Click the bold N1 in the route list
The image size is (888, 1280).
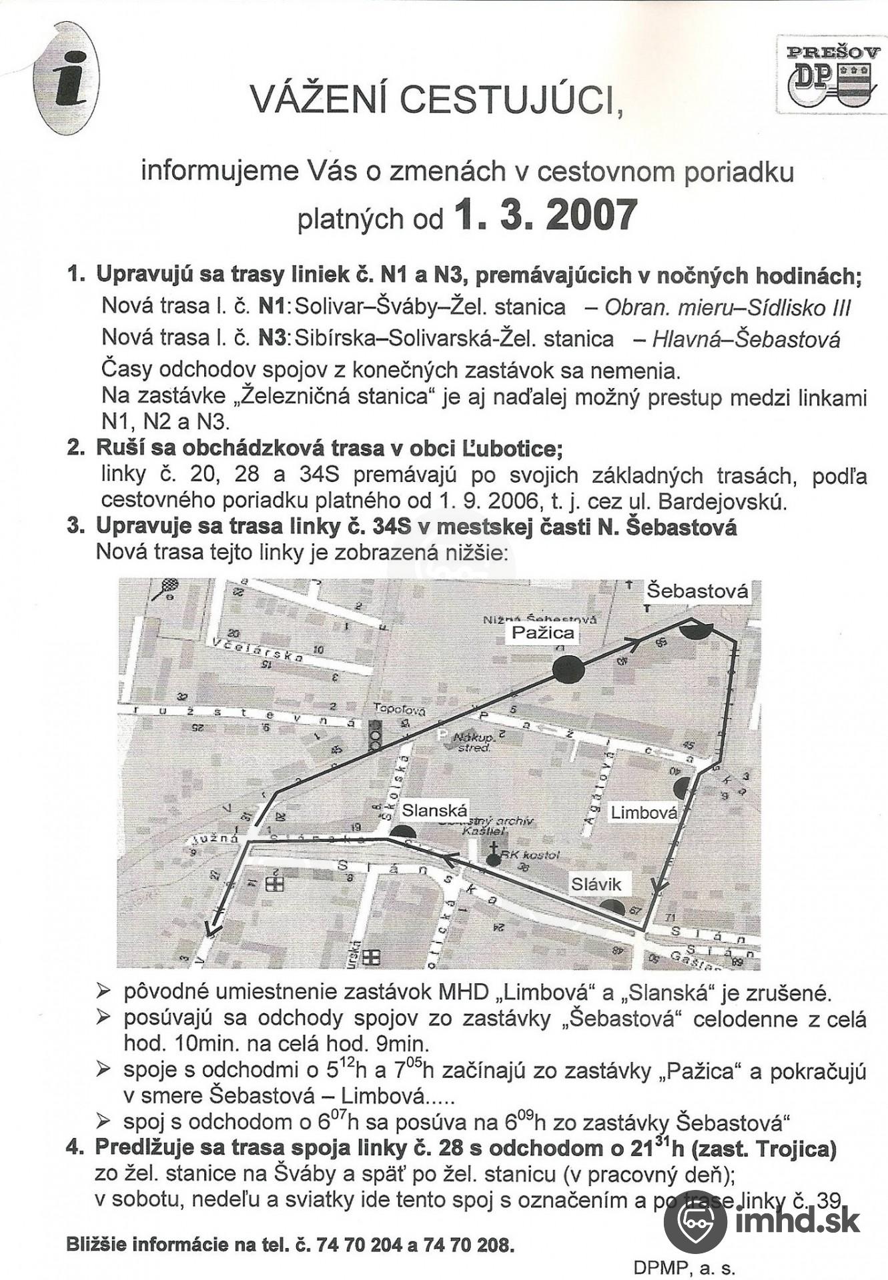pos(272,307)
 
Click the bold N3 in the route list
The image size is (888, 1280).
pos(272,338)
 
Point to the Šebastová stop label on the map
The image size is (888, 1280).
pos(698,591)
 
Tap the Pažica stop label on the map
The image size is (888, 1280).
pos(542,632)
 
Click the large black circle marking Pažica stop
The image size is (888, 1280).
pos(568,669)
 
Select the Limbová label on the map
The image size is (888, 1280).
pos(644,812)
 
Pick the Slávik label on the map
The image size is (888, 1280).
pos(596,884)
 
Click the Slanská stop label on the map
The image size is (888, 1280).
pos(434,810)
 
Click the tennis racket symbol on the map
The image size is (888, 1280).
pos(167,587)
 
